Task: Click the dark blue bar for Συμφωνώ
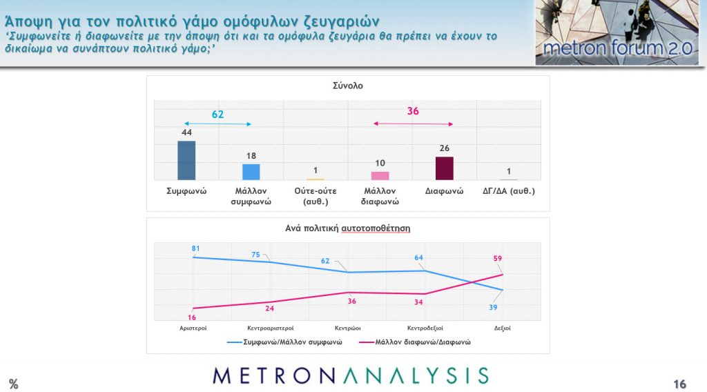186,160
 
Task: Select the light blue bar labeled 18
251,172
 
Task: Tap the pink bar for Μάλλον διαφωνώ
380,175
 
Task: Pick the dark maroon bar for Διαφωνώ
445,168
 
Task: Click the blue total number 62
217,114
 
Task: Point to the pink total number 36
413,111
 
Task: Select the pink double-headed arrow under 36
413,124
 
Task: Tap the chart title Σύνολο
348,86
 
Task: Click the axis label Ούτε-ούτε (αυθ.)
315,196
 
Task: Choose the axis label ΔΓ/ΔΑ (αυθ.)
509,190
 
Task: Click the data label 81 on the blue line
195,248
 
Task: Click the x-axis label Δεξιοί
502,329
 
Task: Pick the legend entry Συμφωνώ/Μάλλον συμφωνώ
290,342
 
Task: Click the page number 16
679,384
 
